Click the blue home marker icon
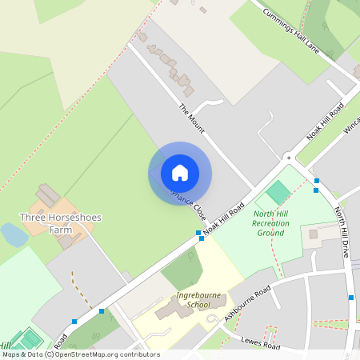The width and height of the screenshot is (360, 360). (x=180, y=173)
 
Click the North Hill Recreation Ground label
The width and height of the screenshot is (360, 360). (x=270, y=223)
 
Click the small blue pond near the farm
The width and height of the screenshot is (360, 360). (x=14, y=234)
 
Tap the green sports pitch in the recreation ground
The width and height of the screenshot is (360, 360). (x=278, y=192)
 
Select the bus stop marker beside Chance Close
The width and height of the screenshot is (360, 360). (x=198, y=233)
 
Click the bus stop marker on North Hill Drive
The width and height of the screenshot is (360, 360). (x=350, y=298)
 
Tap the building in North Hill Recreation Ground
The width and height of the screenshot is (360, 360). (x=314, y=234)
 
